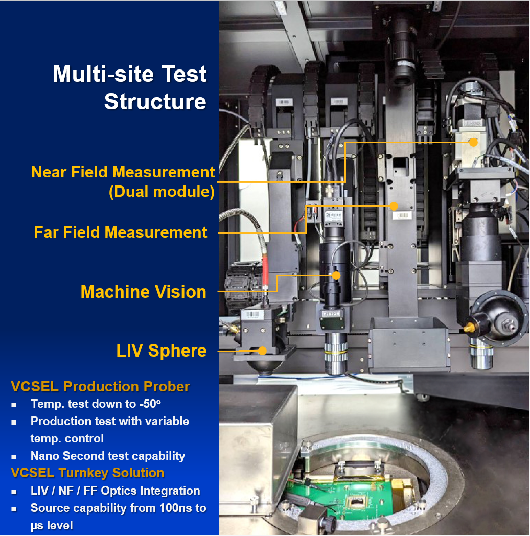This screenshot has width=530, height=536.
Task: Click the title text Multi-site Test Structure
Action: (130, 88)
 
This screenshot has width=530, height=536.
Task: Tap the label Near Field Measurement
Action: (123, 172)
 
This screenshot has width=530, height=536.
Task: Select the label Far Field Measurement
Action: (121, 232)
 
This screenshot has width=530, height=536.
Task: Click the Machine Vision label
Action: (144, 292)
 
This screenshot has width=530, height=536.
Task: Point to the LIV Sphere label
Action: (162, 351)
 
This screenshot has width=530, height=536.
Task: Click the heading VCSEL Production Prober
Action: (100, 387)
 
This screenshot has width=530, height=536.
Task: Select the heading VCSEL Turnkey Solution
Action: (87, 473)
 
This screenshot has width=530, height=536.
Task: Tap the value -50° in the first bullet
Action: (150, 404)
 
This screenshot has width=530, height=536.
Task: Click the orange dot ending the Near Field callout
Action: (473, 142)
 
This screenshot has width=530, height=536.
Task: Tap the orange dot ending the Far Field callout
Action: (394, 206)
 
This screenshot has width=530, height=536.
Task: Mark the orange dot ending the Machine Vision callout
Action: (336, 275)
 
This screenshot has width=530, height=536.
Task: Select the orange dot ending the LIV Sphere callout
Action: (262, 351)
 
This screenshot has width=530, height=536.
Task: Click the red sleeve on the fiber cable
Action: (265, 271)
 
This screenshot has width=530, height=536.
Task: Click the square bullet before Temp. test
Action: (14, 405)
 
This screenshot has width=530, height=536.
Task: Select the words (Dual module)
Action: (162, 192)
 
